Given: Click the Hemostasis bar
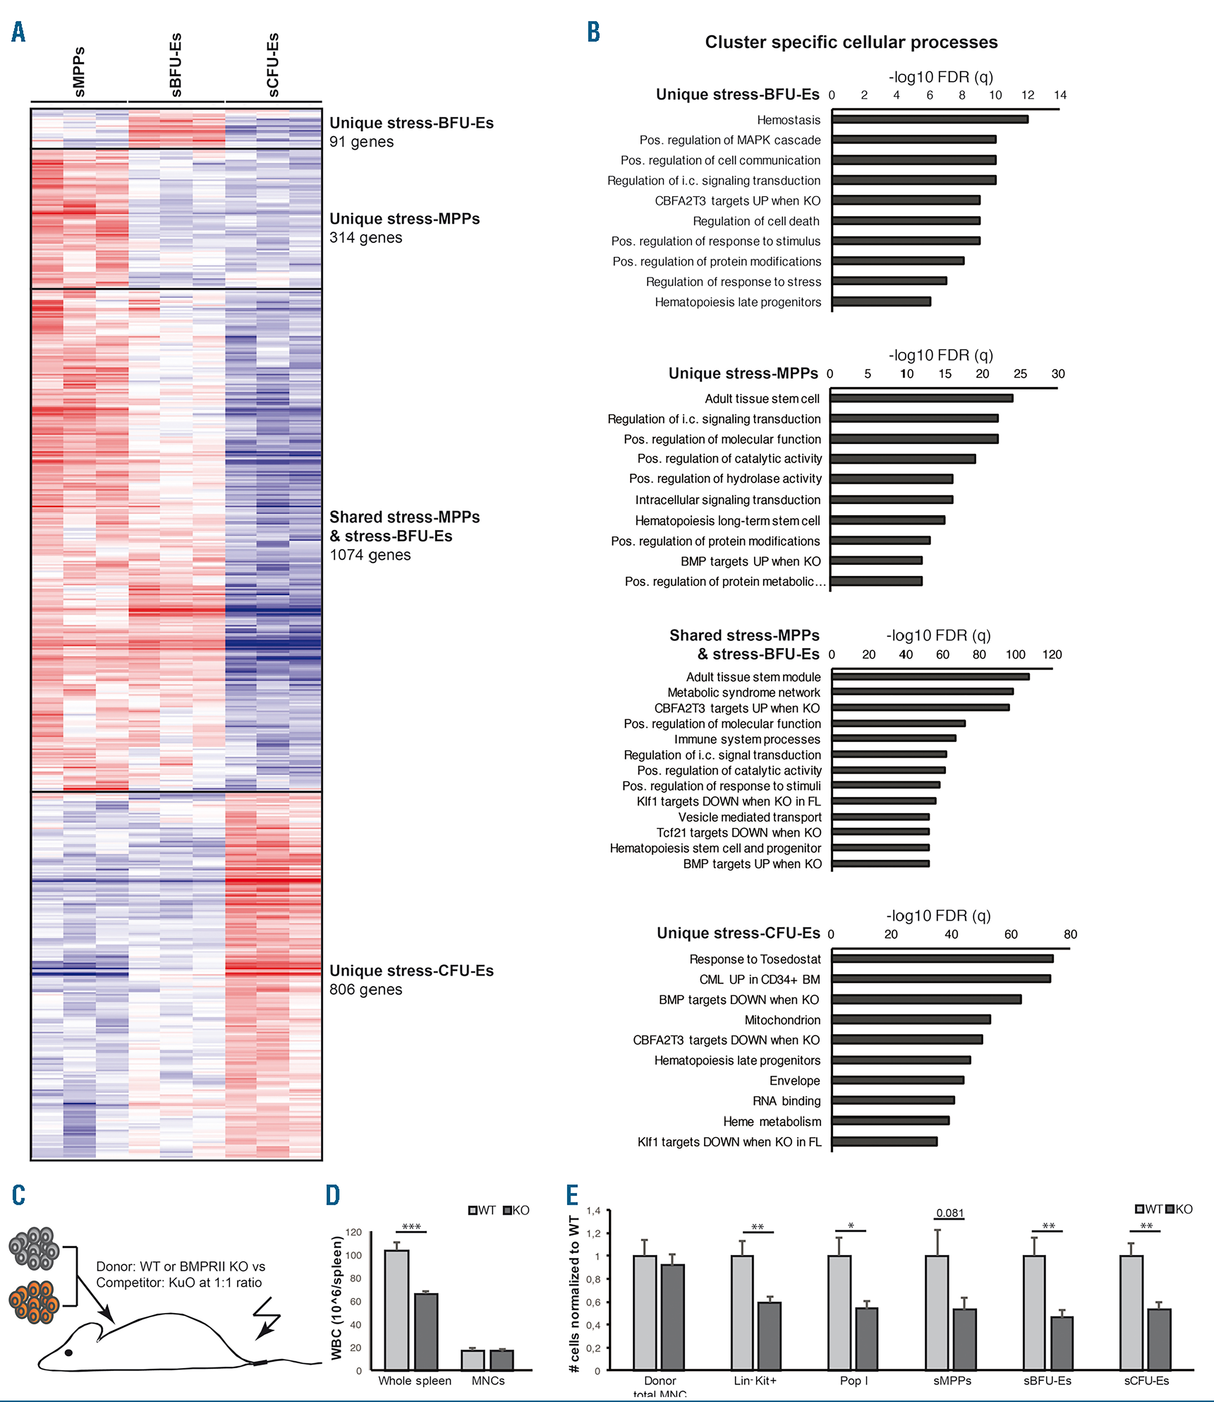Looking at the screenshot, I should click(929, 119).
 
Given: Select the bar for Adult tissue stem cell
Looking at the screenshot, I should click(921, 398).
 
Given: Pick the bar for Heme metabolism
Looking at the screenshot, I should click(890, 1121).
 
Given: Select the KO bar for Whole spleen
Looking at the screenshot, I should click(426, 1332).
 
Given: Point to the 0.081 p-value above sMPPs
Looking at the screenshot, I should click(950, 1213).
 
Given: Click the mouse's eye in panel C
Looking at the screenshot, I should click(68, 1352).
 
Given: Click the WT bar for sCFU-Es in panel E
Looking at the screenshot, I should click(1131, 1313).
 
